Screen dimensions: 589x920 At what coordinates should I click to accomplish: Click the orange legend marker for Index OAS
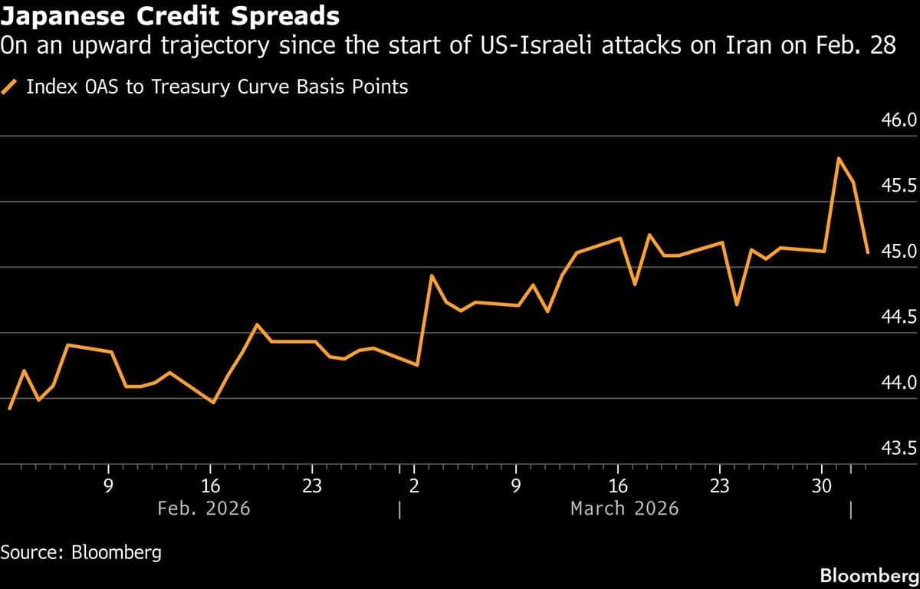(x=11, y=87)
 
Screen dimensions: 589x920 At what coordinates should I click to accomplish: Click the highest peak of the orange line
(x=839, y=158)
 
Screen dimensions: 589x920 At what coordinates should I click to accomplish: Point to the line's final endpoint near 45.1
(x=867, y=252)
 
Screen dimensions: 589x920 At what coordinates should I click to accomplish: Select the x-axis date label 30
(x=822, y=485)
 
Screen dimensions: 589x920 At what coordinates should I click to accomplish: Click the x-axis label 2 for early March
(x=414, y=485)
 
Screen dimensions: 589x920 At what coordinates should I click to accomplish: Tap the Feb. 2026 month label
(x=203, y=508)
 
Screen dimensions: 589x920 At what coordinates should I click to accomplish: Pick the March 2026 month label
(x=624, y=508)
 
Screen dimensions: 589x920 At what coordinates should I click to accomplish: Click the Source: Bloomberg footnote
(x=80, y=552)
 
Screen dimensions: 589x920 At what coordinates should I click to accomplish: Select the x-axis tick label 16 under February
(x=210, y=485)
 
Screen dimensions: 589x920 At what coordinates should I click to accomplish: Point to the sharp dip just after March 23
(x=737, y=305)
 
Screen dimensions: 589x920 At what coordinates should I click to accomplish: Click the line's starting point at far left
(x=9, y=409)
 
